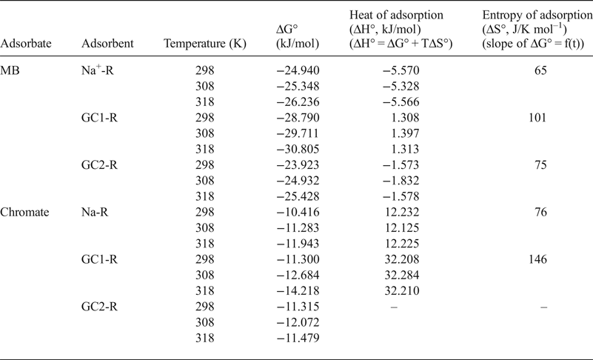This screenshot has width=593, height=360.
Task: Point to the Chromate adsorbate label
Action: click(25, 213)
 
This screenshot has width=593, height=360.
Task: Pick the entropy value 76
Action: click(540, 213)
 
